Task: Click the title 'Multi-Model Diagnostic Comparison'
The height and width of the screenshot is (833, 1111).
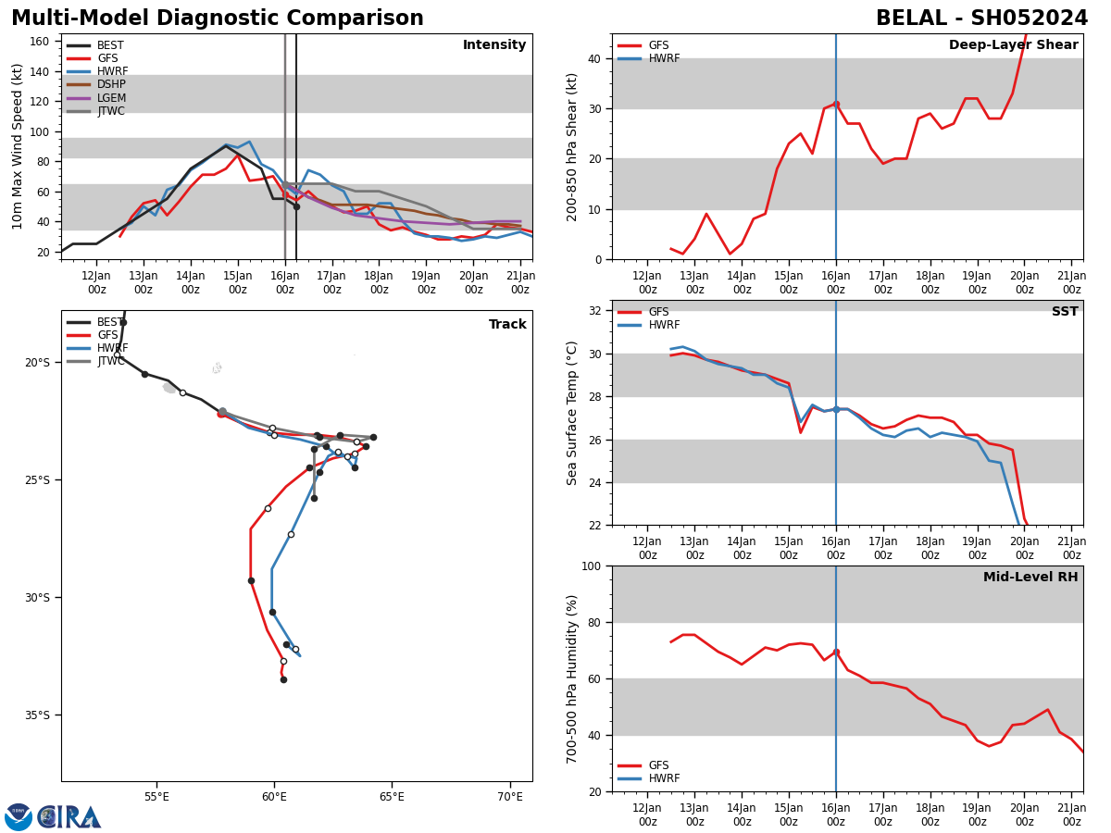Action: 218,19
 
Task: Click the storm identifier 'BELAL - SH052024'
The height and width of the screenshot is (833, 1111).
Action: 981,19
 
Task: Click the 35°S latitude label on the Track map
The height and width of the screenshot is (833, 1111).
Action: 38,715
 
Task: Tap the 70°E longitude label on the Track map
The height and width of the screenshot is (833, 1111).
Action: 509,796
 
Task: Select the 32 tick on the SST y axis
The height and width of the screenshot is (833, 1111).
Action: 596,311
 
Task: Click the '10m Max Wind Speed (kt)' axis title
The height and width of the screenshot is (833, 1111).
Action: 18,146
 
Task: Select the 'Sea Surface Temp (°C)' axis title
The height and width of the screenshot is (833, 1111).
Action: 572,413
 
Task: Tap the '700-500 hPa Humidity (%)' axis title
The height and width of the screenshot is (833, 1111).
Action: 572,678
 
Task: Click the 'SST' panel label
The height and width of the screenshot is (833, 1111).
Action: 1065,312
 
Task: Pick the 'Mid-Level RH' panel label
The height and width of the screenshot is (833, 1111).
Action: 1030,578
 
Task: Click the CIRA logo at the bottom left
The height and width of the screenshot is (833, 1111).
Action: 69,816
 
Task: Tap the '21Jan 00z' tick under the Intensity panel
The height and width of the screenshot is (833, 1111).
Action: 520,281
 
